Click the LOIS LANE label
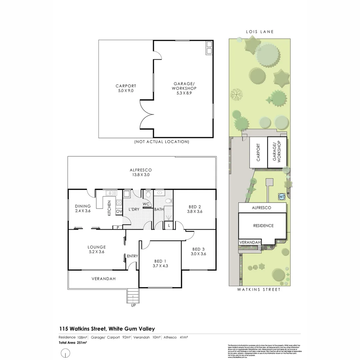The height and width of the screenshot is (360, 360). click(x=259, y=32)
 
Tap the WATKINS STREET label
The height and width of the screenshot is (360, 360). click(x=259, y=290)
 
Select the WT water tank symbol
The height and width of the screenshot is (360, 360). click(x=282, y=197)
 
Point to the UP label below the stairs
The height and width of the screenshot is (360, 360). click(x=133, y=305)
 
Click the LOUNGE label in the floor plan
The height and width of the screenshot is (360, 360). click(x=97, y=247)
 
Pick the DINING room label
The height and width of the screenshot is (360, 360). click(x=83, y=206)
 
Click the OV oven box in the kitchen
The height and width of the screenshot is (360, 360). click(x=119, y=211)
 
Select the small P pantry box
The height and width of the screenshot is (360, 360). click(x=118, y=227)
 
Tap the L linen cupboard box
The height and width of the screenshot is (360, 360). click(x=169, y=226)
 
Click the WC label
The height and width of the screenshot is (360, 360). click(x=146, y=204)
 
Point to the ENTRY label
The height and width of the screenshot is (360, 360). click(x=132, y=256)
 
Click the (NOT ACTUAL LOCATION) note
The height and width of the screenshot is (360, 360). click(x=162, y=142)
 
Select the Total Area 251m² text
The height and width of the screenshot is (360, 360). click(x=73, y=342)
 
